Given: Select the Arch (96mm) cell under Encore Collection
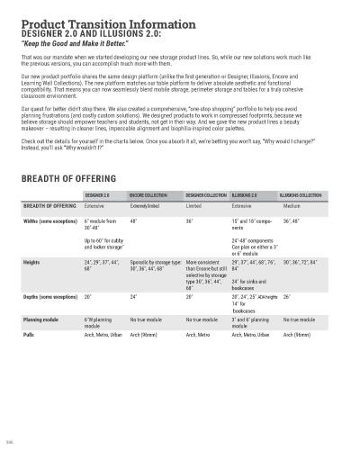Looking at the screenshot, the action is (146, 334).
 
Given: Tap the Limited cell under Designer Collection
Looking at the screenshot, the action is (195, 206).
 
